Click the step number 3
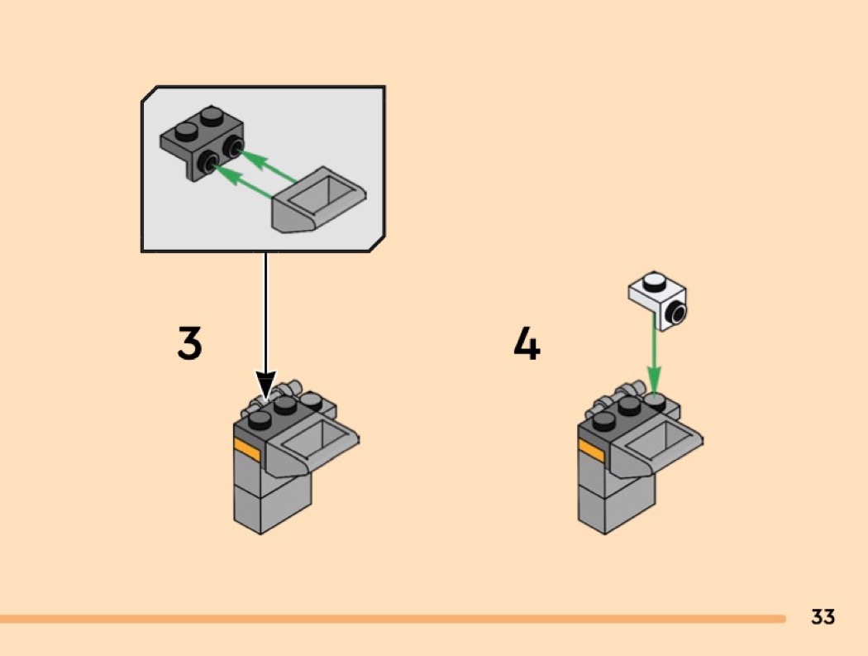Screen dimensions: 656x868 click(189, 343)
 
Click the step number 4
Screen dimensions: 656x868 click(527, 343)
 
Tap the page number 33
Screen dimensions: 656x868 click(823, 616)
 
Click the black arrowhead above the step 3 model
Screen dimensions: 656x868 click(265, 385)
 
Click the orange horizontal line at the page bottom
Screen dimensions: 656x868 click(393, 618)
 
